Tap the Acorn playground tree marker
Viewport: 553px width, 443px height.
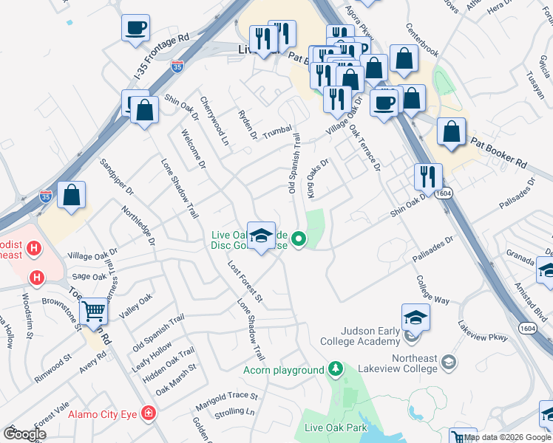[336, 368]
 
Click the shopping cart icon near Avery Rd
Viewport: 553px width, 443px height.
[94, 312]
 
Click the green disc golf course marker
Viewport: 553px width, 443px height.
[299, 238]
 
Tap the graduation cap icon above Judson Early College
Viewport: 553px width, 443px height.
[416, 317]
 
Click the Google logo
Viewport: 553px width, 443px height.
[24, 434]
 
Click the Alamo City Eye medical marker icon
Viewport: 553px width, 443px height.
[149, 413]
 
